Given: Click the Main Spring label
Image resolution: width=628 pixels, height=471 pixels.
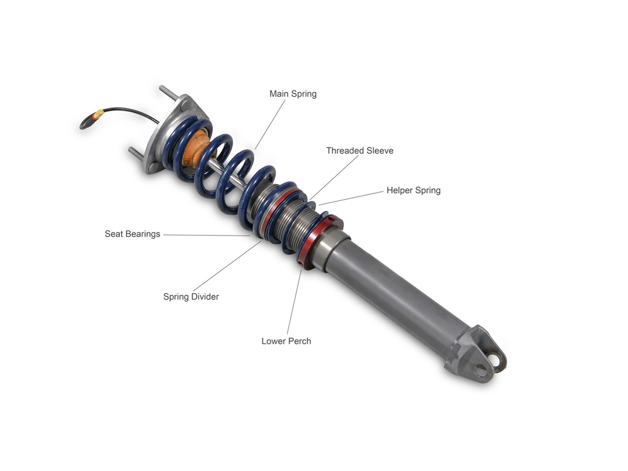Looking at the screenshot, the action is coord(293,94).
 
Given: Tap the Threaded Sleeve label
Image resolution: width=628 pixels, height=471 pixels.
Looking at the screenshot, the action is coord(360,151).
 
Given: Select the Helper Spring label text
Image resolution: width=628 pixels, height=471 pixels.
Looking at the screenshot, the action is coord(413,190).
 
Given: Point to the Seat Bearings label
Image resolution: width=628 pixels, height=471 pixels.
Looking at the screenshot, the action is coord(132,234).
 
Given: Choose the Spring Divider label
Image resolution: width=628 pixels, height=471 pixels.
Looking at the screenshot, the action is coord(191,297).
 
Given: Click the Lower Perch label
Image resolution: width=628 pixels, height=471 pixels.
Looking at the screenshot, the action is coord(286,341).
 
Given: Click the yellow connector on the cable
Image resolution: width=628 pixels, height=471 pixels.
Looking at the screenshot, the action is coord(98,114).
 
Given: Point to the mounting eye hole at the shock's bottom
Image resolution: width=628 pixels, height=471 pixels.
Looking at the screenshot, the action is coord(495,360).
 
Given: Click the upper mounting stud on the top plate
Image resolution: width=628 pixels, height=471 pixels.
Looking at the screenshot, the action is coord(168,94).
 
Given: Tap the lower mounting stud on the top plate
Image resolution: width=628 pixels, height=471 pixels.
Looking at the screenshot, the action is coord(136,154).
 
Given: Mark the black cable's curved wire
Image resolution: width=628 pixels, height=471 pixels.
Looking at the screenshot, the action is coord(132,110).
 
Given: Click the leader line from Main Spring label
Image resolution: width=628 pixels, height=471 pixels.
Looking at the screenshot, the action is coord(270,124).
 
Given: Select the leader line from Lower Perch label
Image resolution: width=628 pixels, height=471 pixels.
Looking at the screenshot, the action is coord(295,302).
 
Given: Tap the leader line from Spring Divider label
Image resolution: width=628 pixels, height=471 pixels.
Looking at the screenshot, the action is coord(227,266).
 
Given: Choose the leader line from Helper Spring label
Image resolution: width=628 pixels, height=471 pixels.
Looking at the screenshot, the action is coord(351,198).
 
